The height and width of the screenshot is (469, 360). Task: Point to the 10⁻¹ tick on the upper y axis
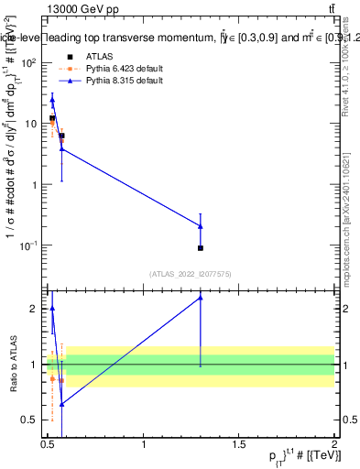click(31, 245)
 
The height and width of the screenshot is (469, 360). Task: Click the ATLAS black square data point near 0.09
click(201, 248)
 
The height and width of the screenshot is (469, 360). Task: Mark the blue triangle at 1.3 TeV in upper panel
click(201, 226)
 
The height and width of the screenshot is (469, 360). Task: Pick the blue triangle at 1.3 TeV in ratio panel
click(201, 298)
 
